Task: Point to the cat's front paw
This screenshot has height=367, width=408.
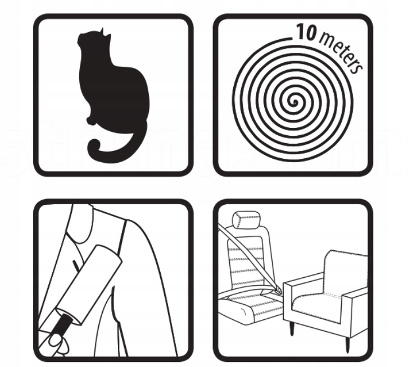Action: (x=90, y=120)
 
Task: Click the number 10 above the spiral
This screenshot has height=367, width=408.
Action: (x=306, y=32)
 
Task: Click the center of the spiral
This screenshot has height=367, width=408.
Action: (x=294, y=102)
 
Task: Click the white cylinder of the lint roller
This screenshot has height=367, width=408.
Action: (x=89, y=285)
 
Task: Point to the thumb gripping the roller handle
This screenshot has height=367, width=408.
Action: (x=56, y=340)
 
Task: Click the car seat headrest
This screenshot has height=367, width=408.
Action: (x=246, y=220)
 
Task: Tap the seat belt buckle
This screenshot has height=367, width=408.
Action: (x=278, y=290)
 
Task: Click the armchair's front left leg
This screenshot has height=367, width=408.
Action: (x=292, y=328)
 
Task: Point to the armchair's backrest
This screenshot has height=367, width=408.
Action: (x=346, y=270)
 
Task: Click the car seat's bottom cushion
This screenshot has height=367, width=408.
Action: (x=250, y=308)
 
